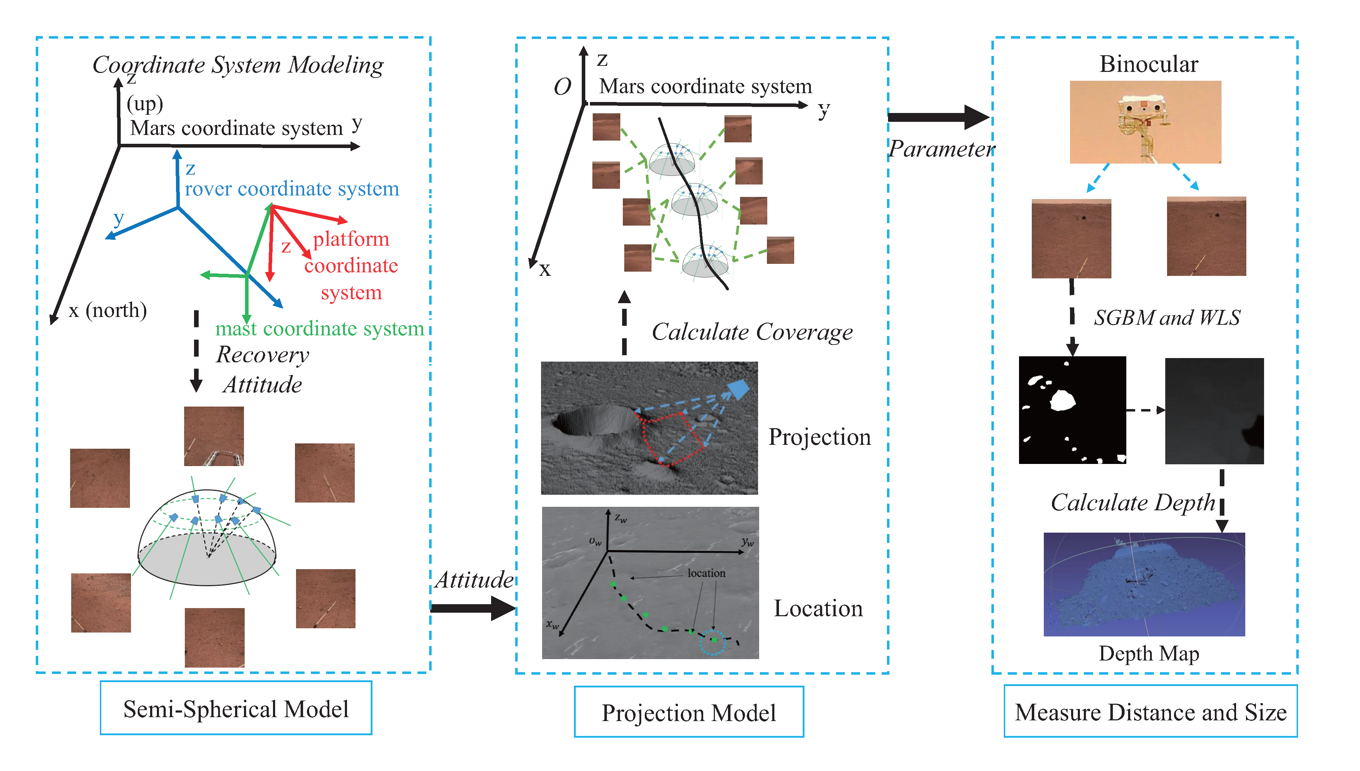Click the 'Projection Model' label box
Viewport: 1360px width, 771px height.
(x=688, y=712)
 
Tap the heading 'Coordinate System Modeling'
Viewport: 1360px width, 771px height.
(x=238, y=65)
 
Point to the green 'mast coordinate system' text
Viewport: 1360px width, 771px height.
(x=319, y=329)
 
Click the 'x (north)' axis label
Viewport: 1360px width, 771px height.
(x=108, y=310)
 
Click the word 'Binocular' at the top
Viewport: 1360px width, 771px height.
(x=1148, y=64)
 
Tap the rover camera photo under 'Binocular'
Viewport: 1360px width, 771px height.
(x=1145, y=122)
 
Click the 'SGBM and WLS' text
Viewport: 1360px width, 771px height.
(x=1167, y=318)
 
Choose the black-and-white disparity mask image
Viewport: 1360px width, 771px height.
(x=1072, y=410)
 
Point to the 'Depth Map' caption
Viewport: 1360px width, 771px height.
(x=1148, y=653)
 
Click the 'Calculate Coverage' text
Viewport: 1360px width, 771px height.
(x=752, y=332)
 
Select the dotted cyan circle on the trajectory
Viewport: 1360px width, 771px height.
(x=712, y=641)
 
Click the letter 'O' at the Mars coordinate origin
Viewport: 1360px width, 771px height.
(x=562, y=87)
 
